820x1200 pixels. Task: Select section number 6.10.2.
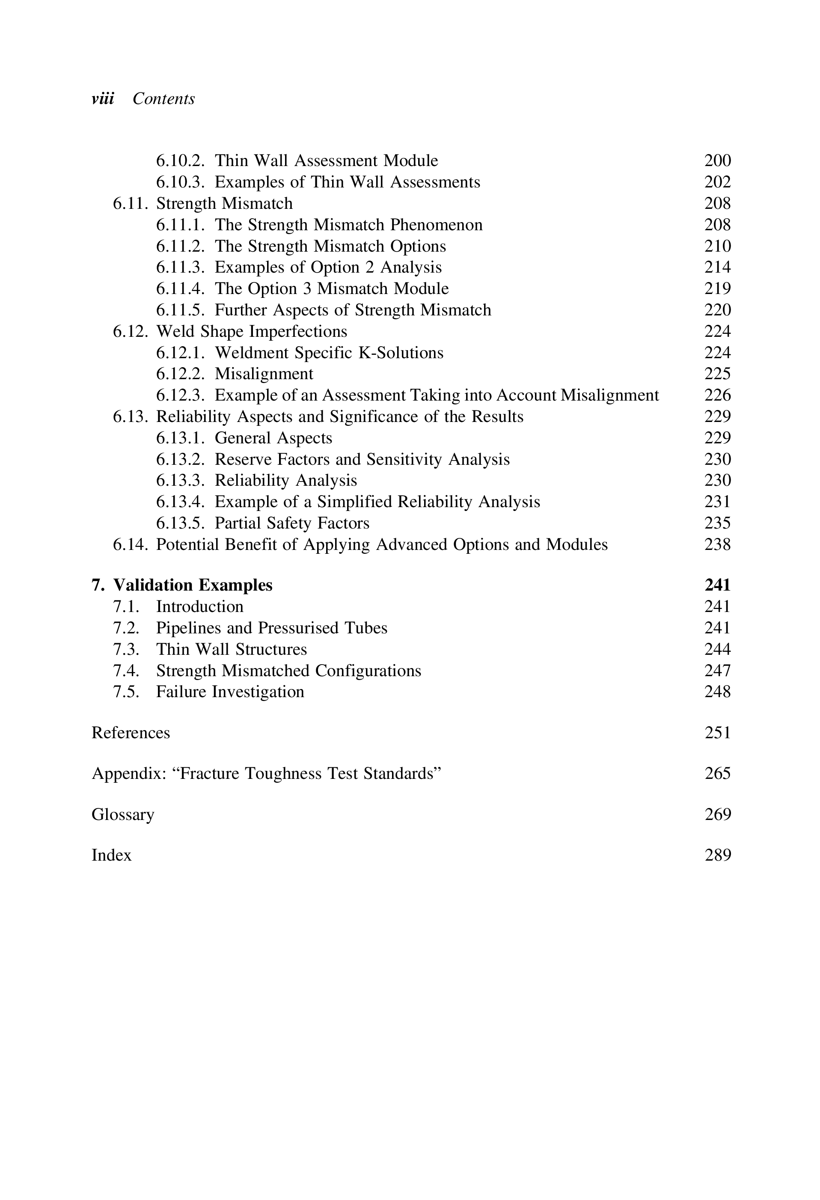[181, 160]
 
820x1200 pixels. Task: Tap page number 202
[717, 182]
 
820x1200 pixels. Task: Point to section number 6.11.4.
[181, 288]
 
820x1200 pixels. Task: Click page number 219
[717, 288]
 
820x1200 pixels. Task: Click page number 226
[717, 395]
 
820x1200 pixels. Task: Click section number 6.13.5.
[181, 523]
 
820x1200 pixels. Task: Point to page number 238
[717, 545]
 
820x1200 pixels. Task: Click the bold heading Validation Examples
[193, 585]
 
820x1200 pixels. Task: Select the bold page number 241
[717, 585]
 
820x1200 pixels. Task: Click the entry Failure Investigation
[230, 692]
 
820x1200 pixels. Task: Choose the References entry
[131, 733]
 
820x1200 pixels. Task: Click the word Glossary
[123, 815]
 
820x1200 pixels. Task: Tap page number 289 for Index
[717, 855]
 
